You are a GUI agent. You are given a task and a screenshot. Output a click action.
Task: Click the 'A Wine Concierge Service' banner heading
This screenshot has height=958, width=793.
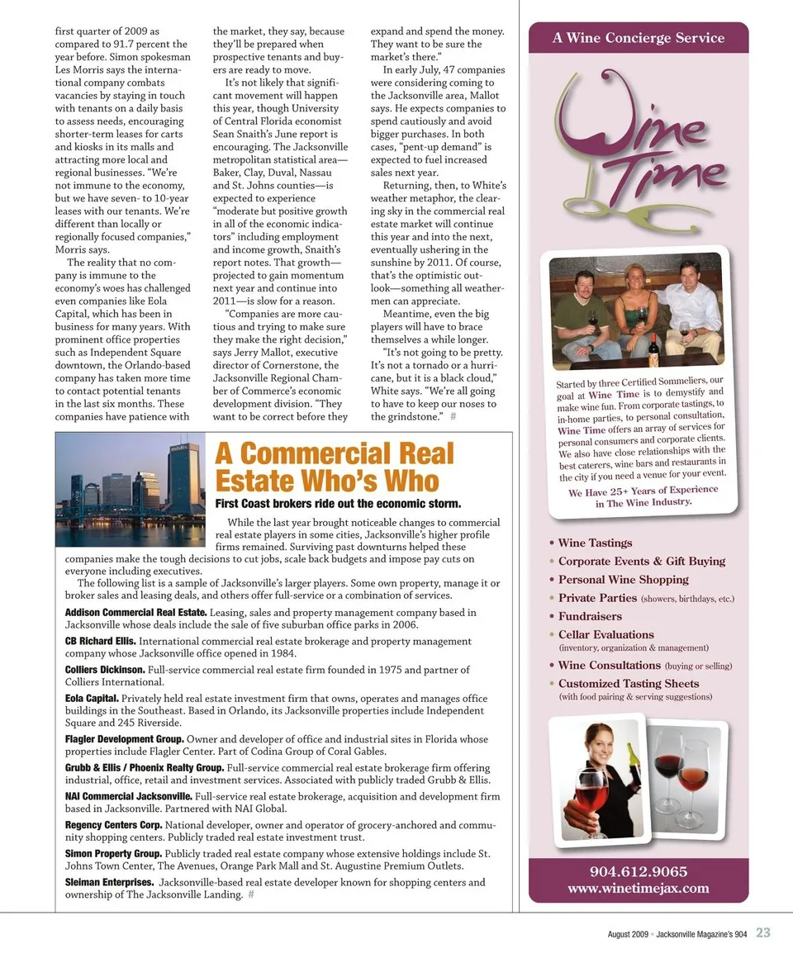point(638,38)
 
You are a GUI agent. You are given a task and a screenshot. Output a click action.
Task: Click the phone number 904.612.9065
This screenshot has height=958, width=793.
point(638,871)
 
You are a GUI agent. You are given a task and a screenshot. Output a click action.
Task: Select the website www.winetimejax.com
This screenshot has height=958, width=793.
point(638,889)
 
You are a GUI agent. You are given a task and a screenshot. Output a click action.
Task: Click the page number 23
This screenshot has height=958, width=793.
point(762,932)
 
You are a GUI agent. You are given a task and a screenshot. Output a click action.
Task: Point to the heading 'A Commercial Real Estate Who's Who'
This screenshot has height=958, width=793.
point(335,467)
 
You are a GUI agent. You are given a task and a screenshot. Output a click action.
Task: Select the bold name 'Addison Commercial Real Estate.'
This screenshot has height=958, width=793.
point(136,612)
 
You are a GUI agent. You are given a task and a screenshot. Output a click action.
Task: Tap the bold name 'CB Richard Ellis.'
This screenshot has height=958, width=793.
point(101,641)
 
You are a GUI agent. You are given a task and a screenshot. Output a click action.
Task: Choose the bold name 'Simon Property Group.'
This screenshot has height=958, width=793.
point(113,852)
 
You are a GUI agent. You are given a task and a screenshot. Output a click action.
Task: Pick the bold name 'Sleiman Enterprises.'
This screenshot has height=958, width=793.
point(109,882)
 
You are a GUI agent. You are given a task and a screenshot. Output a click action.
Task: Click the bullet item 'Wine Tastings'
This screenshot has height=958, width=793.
point(595,543)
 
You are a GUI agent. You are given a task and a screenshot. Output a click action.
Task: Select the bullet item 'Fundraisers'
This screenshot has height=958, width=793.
point(590,616)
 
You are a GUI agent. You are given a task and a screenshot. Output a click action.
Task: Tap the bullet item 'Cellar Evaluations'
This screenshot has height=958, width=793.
point(605,634)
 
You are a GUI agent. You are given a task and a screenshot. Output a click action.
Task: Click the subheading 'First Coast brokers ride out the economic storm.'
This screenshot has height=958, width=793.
point(338,504)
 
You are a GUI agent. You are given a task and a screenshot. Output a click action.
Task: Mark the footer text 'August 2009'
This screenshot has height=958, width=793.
point(627,933)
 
